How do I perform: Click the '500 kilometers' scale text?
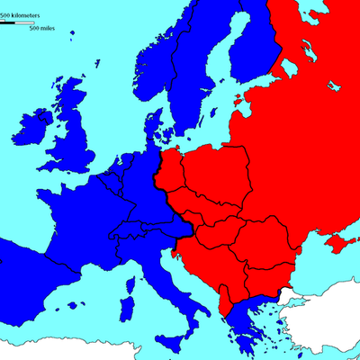26,17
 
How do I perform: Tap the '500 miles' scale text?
40,29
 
